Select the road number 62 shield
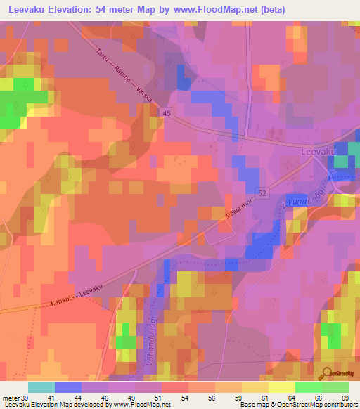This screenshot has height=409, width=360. [262, 192]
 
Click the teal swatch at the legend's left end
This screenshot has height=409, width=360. [41, 387]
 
